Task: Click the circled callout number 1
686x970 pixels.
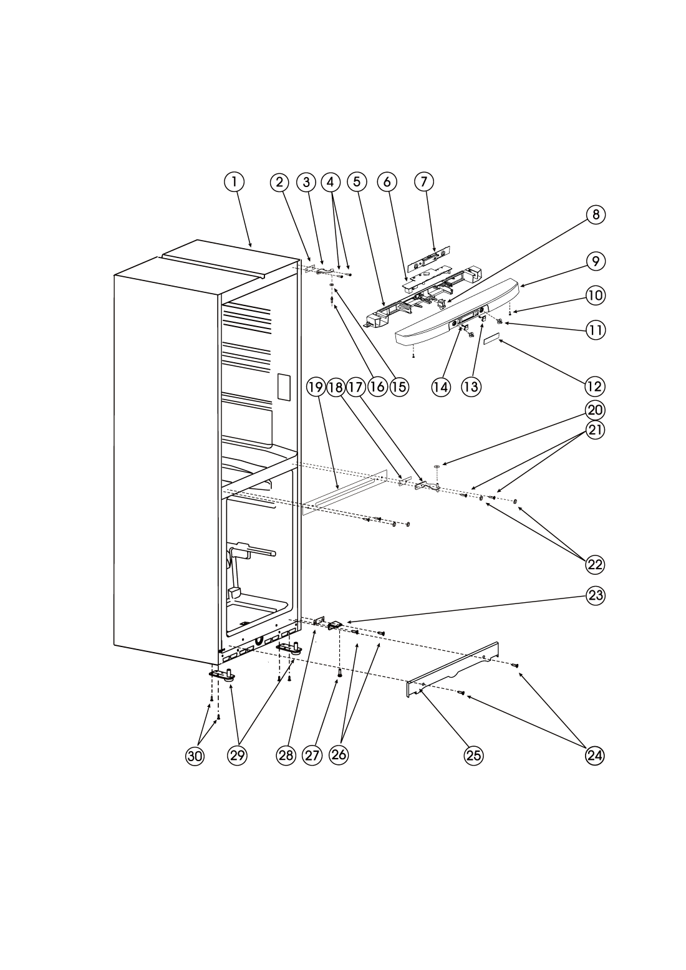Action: tap(234, 182)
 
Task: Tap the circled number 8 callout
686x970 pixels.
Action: tap(596, 215)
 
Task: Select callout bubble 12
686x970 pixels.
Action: tap(595, 386)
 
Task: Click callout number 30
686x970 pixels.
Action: tap(195, 756)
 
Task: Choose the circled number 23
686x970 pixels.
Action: tap(596, 595)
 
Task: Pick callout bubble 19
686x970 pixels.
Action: tap(316, 387)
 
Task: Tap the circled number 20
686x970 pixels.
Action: tap(596, 410)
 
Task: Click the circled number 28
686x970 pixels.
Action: tap(286, 756)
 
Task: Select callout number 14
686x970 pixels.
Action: tap(441, 387)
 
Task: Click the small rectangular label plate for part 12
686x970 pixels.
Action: tap(492, 339)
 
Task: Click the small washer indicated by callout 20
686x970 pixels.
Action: tap(437, 466)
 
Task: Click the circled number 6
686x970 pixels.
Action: tap(387, 182)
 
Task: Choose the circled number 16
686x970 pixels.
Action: tap(377, 387)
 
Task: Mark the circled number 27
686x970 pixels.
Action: tap(312, 756)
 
